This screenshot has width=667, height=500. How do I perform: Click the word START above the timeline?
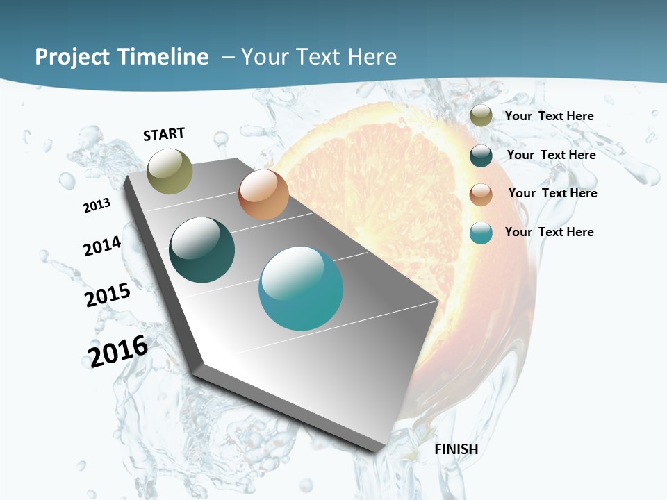tap(164, 134)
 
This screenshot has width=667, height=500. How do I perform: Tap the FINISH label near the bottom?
tap(456, 449)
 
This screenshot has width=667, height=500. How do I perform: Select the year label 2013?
tap(97, 205)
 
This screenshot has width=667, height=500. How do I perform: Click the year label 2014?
tap(102, 247)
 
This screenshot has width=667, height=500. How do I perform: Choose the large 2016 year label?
tap(118, 351)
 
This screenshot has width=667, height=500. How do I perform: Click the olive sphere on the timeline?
tap(170, 171)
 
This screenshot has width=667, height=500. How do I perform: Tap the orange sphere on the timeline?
tap(263, 194)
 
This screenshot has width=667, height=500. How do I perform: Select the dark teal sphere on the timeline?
tap(202, 250)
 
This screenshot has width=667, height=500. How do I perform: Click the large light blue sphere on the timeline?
tap(301, 288)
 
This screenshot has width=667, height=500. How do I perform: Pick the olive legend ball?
tap(481, 116)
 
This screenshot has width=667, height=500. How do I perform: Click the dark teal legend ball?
tap(481, 156)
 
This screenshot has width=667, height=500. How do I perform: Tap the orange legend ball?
tap(481, 194)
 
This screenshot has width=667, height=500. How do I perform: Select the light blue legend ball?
tap(481, 233)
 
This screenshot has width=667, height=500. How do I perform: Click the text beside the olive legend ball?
tap(549, 117)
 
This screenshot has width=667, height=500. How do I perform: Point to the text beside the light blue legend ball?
tap(549, 232)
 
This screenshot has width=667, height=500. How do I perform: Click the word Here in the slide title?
tap(372, 57)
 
